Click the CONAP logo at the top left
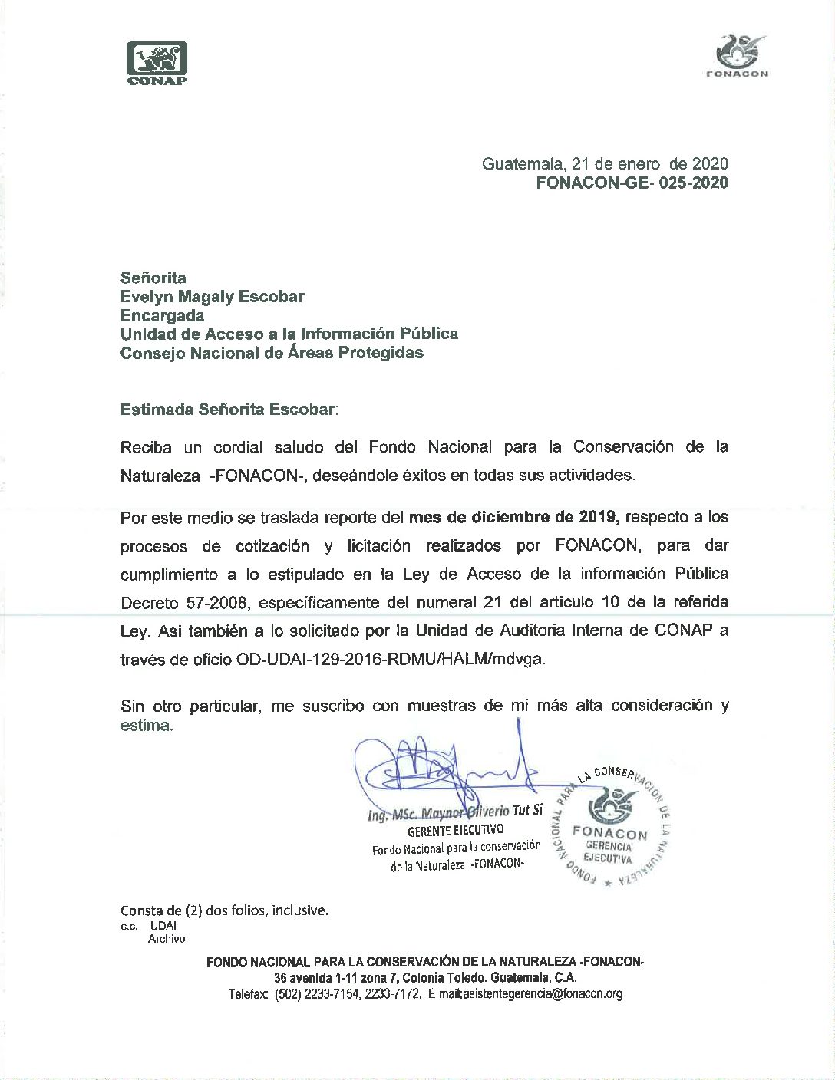(x=157, y=63)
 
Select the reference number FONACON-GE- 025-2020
(x=632, y=183)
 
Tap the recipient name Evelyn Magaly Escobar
(x=212, y=296)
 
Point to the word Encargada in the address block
(x=162, y=315)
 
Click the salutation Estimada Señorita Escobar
(x=228, y=409)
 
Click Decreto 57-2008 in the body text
(x=184, y=603)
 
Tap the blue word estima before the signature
(x=146, y=725)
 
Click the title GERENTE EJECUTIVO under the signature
(x=455, y=830)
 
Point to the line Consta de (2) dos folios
(x=224, y=910)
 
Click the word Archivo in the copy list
(x=167, y=938)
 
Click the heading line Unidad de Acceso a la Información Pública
(x=289, y=334)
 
